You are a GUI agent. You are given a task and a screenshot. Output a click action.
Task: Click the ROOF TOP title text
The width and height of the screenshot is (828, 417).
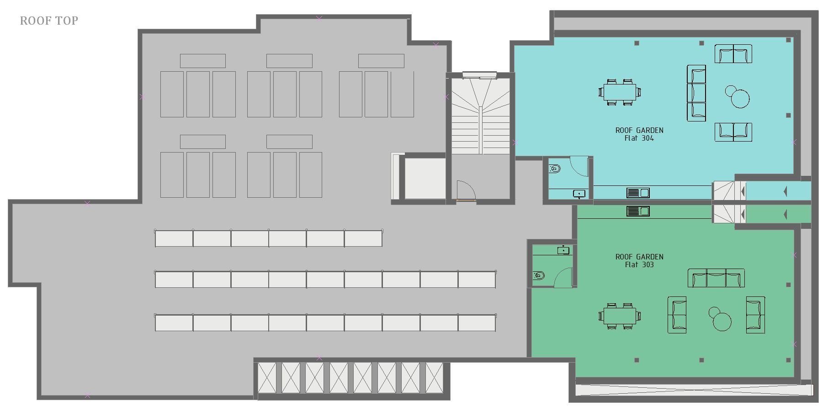pyautogui.click(x=49, y=21)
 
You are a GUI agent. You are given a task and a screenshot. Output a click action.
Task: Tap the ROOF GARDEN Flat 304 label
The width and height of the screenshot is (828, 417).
pyautogui.click(x=639, y=134)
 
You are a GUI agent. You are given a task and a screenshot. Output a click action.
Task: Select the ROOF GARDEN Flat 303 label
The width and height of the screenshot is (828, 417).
pyautogui.click(x=639, y=261)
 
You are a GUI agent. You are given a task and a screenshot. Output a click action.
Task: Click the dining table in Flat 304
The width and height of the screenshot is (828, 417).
pyautogui.click(x=620, y=92)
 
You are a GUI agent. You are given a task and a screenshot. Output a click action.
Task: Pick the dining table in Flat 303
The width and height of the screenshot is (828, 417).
pyautogui.click(x=620, y=316)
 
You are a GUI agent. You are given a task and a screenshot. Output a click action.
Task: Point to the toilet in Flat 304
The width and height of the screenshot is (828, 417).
pyautogui.click(x=555, y=169)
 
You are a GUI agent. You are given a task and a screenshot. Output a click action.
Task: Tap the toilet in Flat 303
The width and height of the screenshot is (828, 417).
pyautogui.click(x=539, y=275)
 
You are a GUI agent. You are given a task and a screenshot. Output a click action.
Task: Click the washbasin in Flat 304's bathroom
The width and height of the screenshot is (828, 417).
pyautogui.click(x=579, y=194)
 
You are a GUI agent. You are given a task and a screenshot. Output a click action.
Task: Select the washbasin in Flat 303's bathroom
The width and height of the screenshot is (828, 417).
pyautogui.click(x=563, y=250)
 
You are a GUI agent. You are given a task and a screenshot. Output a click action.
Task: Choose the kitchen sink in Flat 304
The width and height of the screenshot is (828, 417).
pyautogui.click(x=638, y=193)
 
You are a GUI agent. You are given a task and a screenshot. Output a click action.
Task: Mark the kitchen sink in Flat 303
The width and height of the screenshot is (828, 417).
pyautogui.click(x=638, y=211)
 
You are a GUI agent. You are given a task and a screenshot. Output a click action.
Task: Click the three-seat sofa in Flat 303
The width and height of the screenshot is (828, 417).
pyautogui.click(x=716, y=278)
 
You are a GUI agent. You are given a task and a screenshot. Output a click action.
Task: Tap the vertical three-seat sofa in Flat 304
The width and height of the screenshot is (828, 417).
pyautogui.click(x=696, y=93)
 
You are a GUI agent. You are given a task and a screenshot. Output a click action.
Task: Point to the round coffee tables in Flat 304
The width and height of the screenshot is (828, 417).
pyautogui.click(x=738, y=97)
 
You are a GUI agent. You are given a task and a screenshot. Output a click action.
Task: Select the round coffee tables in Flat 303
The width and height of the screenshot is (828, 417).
pyautogui.click(x=720, y=318)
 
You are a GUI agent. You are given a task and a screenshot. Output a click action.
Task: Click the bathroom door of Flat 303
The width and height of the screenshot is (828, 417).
pyautogui.click(x=563, y=278)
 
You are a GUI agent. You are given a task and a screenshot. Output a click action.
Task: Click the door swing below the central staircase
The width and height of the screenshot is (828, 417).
pyautogui.click(x=466, y=190)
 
